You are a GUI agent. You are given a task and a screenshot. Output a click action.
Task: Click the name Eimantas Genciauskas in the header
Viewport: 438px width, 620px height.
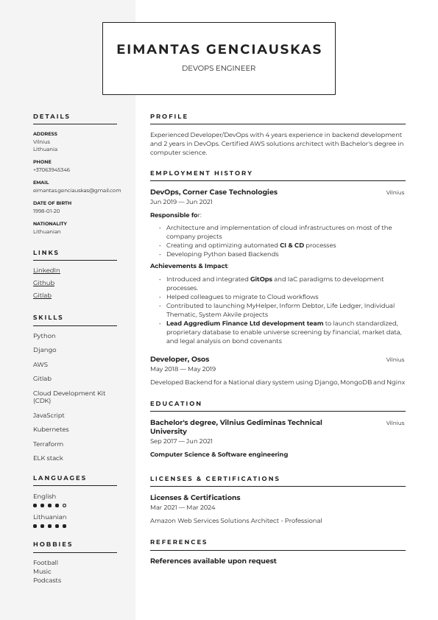click(219, 49)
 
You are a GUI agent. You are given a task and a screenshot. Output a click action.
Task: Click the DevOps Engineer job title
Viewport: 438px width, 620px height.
click(219, 68)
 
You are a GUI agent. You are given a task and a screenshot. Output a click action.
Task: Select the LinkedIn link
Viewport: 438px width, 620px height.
click(46, 270)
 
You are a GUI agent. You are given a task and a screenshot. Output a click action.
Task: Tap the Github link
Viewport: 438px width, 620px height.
click(43, 283)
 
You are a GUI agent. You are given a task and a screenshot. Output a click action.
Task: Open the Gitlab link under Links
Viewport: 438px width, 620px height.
click(42, 295)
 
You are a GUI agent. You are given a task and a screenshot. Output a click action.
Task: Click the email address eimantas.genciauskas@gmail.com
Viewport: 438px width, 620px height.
click(77, 190)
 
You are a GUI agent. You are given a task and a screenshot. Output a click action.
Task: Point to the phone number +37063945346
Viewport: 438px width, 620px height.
click(52, 169)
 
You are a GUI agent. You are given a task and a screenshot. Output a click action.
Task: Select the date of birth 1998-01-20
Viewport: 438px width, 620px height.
click(46, 211)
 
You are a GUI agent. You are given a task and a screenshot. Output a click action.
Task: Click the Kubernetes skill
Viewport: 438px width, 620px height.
click(51, 429)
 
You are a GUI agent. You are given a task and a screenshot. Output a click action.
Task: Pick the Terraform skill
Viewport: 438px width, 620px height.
click(48, 444)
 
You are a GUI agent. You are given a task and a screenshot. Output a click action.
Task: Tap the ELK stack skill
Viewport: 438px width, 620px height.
click(48, 458)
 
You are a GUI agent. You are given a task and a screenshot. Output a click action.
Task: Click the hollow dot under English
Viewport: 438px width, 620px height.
click(65, 506)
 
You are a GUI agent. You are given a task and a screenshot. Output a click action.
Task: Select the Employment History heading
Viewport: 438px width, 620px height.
click(201, 173)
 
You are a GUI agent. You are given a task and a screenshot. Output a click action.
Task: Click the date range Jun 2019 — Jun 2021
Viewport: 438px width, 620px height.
click(181, 202)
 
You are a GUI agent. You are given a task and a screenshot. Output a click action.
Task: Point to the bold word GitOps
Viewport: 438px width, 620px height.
click(261, 280)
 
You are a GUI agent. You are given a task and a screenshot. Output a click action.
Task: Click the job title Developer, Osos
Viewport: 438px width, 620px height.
click(180, 359)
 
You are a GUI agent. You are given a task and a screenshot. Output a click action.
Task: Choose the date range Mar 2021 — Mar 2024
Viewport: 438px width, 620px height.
click(183, 507)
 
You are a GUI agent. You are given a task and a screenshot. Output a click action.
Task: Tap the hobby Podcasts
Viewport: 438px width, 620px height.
click(47, 580)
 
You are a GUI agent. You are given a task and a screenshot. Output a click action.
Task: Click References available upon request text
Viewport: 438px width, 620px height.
click(213, 561)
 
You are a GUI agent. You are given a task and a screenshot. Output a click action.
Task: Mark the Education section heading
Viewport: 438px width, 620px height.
click(176, 404)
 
